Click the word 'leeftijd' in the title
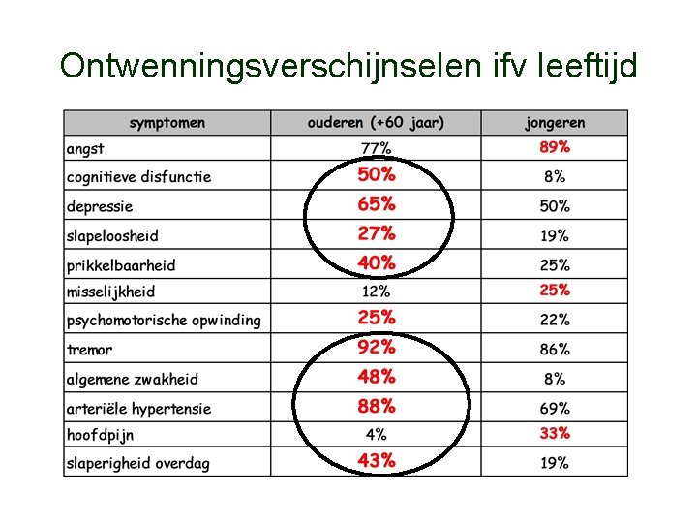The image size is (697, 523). pos(587,67)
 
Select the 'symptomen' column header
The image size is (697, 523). pos(167,123)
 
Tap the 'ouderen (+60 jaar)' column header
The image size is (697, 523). pos(376,123)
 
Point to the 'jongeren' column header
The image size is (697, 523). pos(555,123)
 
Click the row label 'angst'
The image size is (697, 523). pos(85,149)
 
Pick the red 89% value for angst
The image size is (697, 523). pos(555,147)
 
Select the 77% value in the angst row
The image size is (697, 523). pos(376,148)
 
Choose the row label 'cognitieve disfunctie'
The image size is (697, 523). pos(138,177)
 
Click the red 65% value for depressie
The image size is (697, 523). pos(377,204)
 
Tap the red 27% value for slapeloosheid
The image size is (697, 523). pos(377,233)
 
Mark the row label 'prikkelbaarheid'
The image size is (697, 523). pos(121,265)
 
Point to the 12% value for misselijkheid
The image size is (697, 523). pos(376,292)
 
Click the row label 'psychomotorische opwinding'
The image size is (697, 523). pos(164,321)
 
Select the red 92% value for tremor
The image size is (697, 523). pos(377,347)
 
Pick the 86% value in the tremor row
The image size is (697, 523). pos(555,349)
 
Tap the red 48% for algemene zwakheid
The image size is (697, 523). pos(377,377)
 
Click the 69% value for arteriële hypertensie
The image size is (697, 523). pos(555,409)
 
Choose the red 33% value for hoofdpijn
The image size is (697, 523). pos(555,433)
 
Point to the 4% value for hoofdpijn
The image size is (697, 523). pos(376,434)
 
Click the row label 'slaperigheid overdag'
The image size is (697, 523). pos(137,463)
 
